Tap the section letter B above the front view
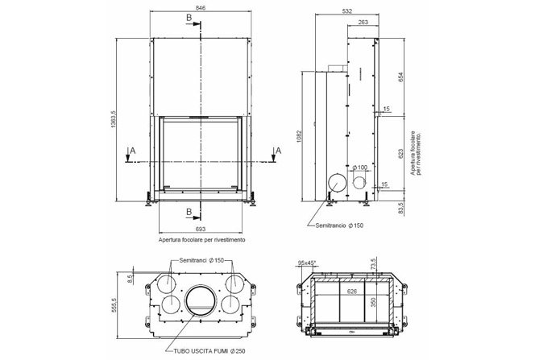(x=189, y=17)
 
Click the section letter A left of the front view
(x=133, y=150)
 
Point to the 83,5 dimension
(x=401, y=208)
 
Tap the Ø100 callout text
(x=360, y=167)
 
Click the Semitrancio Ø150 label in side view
(x=339, y=226)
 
